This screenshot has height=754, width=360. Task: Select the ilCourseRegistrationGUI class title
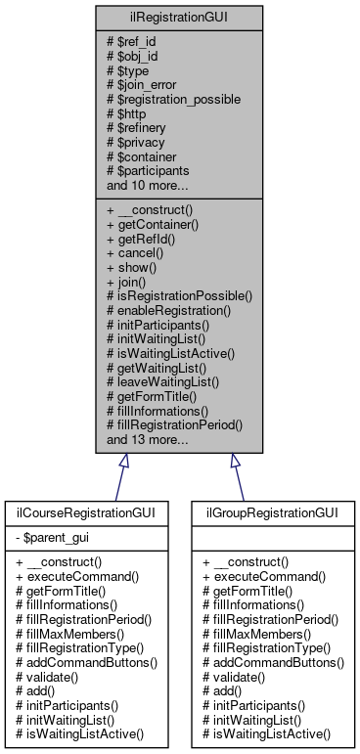click(x=86, y=511)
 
